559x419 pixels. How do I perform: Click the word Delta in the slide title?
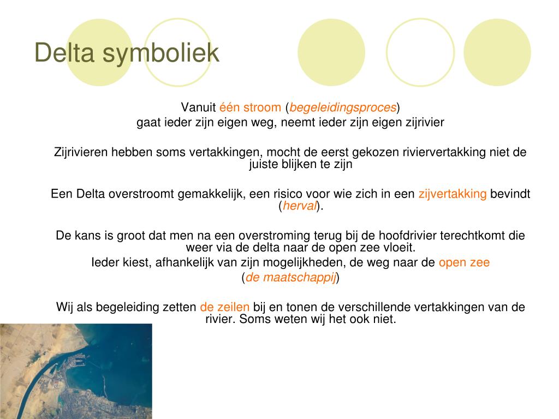[64, 52]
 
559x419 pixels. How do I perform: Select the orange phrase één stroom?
[250, 107]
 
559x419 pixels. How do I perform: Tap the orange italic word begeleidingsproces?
[343, 107]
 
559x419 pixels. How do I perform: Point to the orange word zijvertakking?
[453, 194]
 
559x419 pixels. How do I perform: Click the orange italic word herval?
[300, 206]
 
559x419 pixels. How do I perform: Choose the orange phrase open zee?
[464, 262]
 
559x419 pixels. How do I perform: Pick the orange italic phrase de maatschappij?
[290, 277]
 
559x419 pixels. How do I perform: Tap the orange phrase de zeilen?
[224, 307]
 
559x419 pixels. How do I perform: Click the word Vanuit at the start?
[198, 107]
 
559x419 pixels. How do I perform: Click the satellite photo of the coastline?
[76, 371]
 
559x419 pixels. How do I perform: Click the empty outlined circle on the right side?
[420, 52]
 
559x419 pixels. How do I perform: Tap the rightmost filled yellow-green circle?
[497, 52]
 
